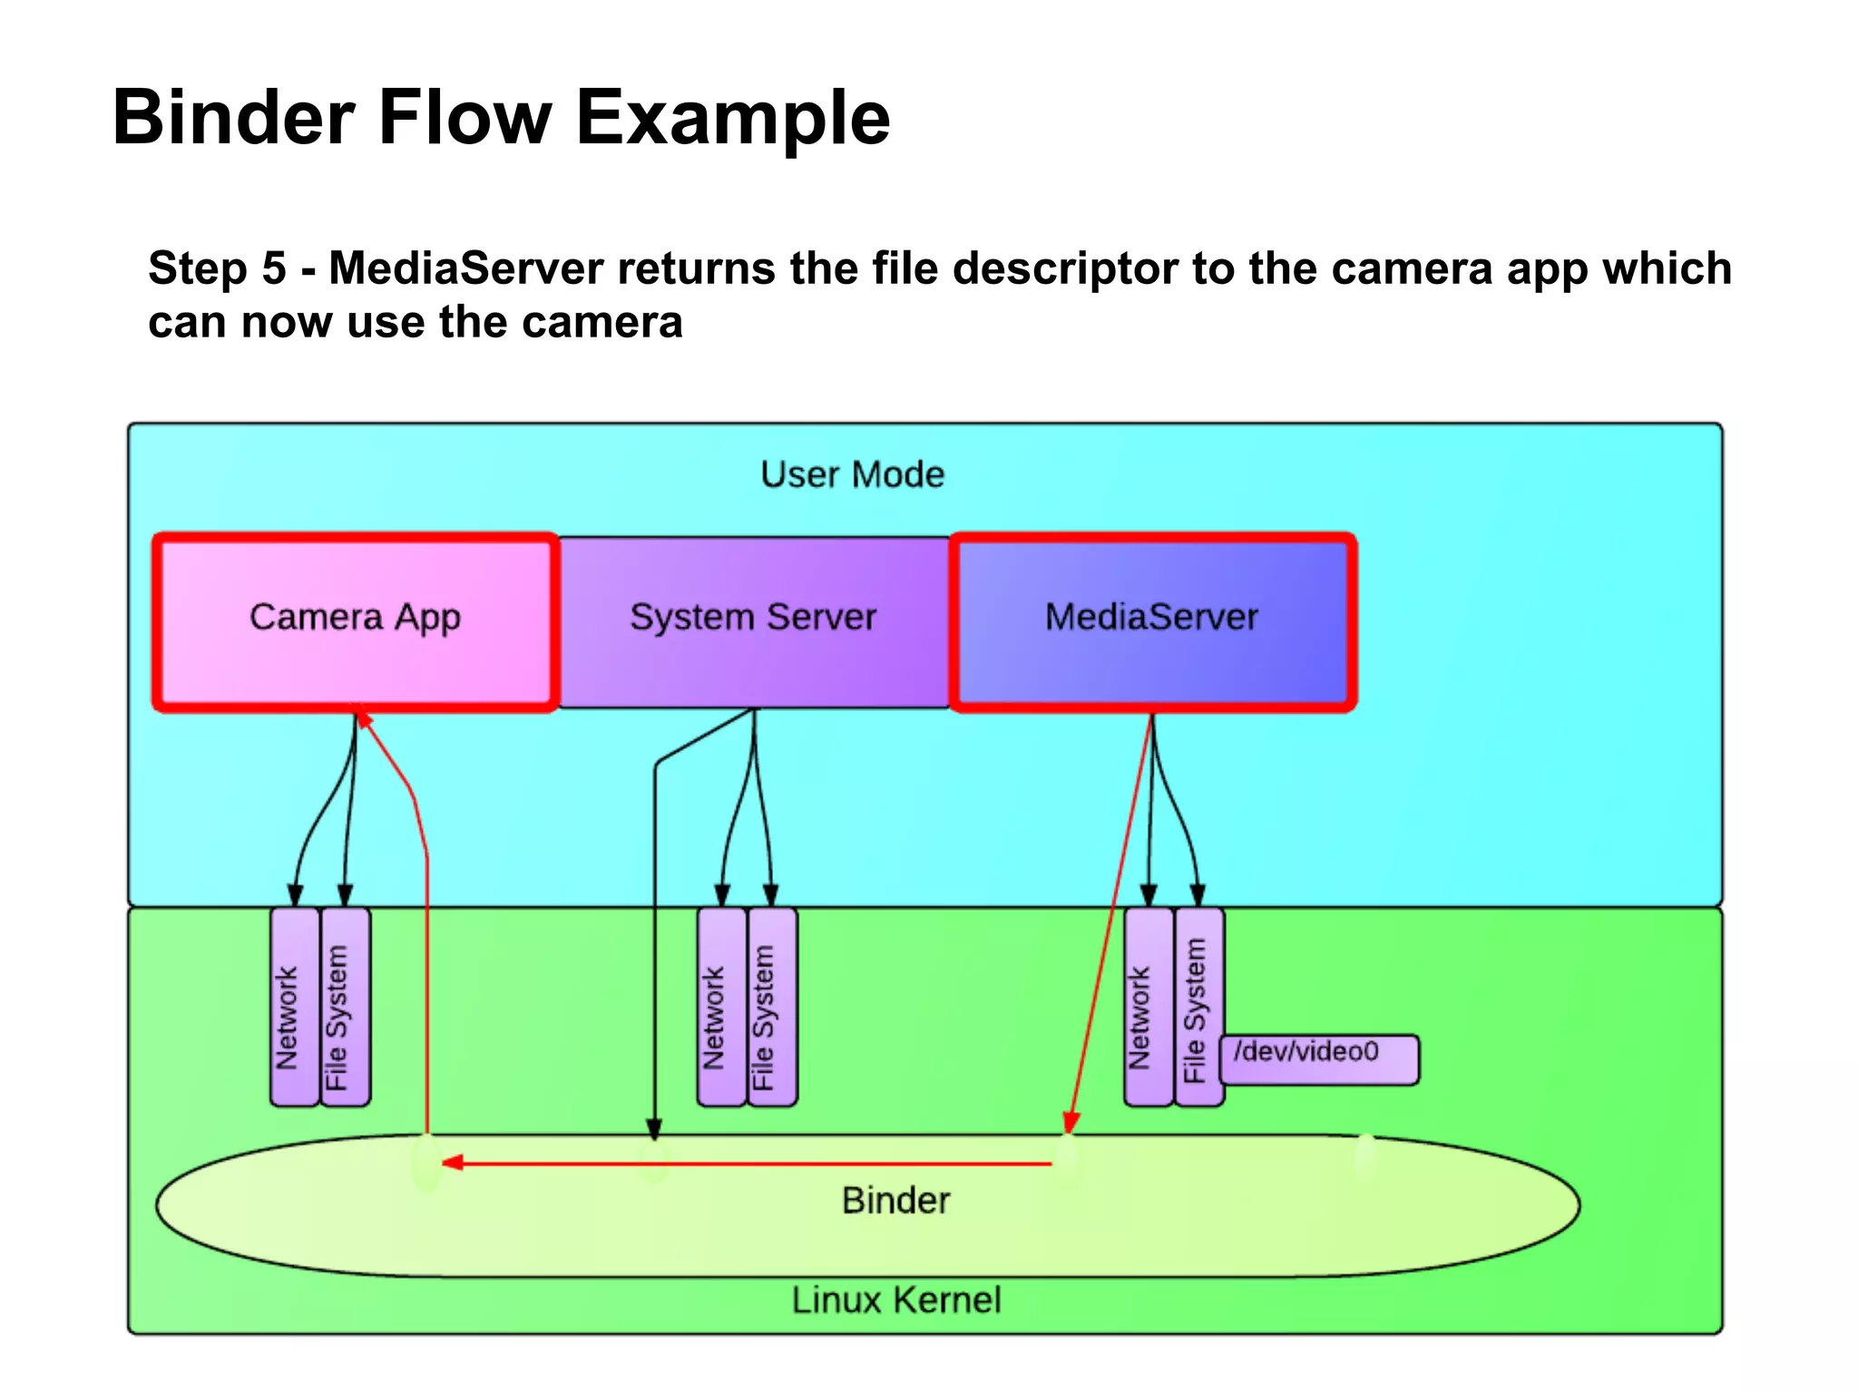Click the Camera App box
pos(355,620)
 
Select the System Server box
pos(753,620)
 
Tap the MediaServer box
pos(1152,620)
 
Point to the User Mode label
pos(852,475)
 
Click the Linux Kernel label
pos(896,1300)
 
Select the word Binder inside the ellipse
pos(895,1201)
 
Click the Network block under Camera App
pos(295,1007)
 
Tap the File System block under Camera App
pos(346,1007)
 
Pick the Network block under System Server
pos(722,1007)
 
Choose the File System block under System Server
pos(772,1007)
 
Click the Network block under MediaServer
pos(1149,1007)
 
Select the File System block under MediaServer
pos(1199,1007)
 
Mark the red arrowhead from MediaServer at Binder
pos(1071,1122)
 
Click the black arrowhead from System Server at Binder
pos(654,1129)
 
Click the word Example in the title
pos(733,118)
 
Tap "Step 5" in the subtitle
pos(217,268)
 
